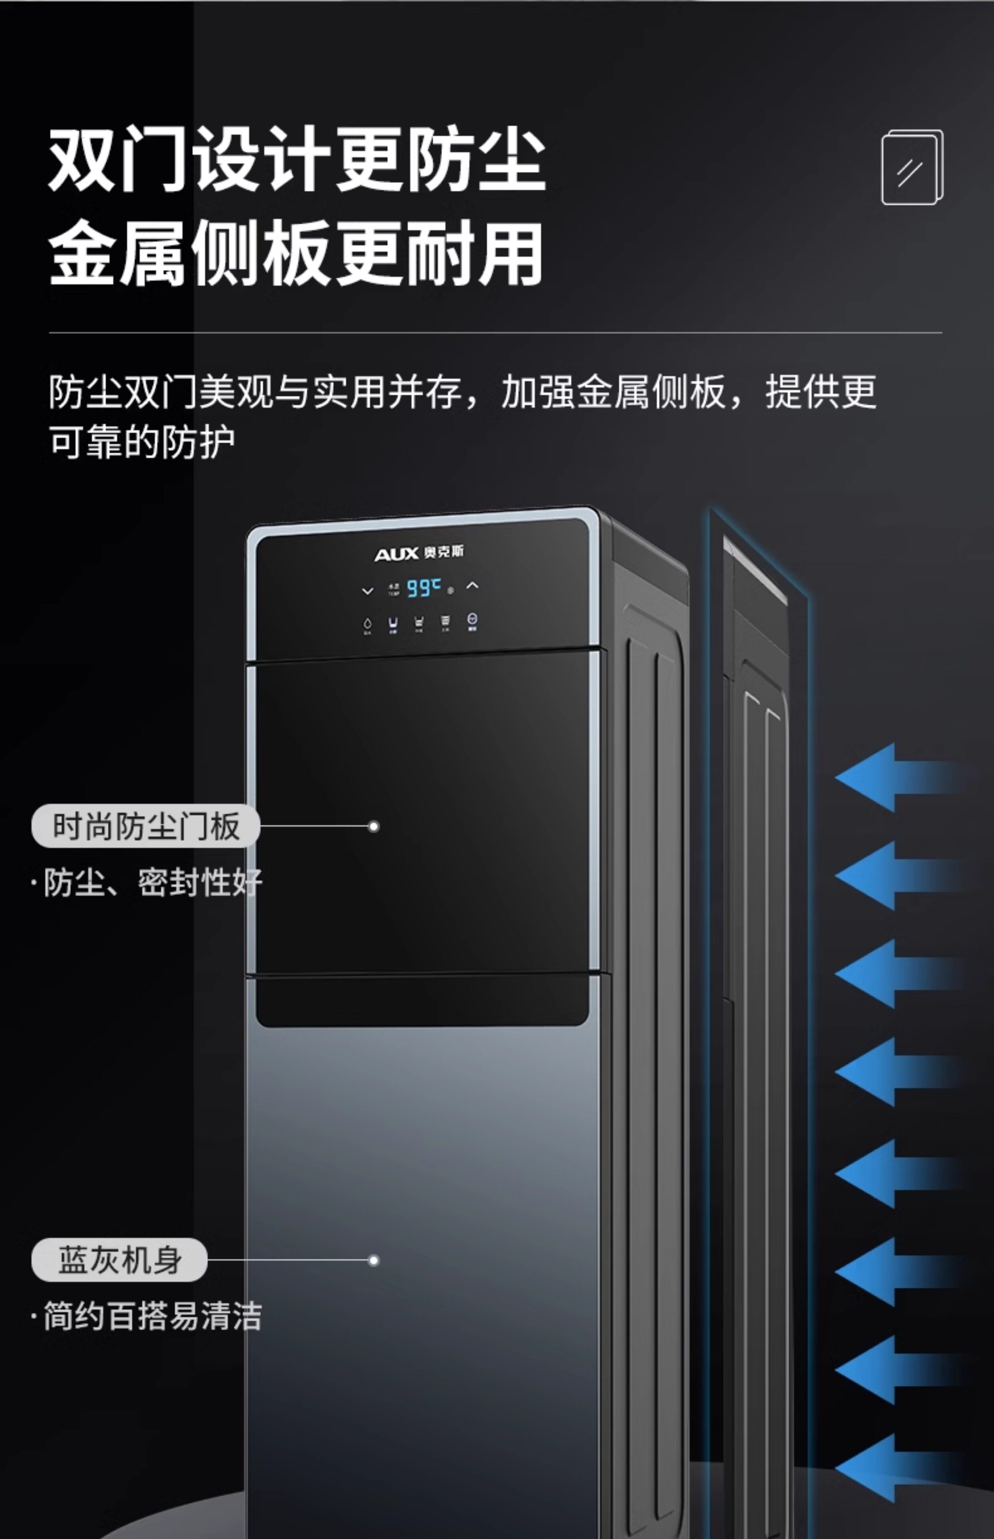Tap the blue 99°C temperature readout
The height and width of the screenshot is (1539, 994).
pyautogui.click(x=423, y=588)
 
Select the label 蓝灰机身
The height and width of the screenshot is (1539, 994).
pyautogui.click(x=119, y=1260)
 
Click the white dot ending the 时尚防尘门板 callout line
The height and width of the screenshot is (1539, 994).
pyautogui.click(x=373, y=826)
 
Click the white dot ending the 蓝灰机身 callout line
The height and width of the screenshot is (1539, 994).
pyautogui.click(x=373, y=1260)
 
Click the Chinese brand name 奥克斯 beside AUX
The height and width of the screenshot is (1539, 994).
pyautogui.click(x=444, y=552)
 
